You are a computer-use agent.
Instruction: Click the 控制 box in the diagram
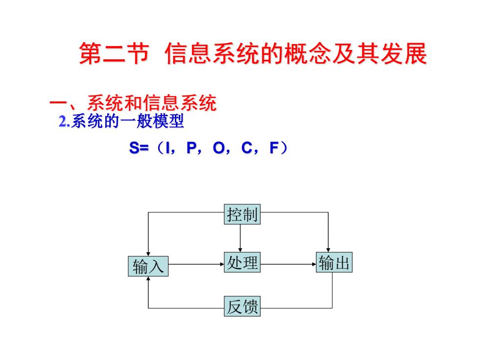pyautogui.click(x=242, y=215)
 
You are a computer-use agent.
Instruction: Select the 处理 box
pyautogui.click(x=242, y=263)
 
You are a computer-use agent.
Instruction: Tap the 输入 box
pyautogui.click(x=148, y=266)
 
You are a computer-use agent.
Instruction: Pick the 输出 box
pyautogui.click(x=334, y=263)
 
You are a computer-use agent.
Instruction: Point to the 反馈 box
pyautogui.click(x=242, y=306)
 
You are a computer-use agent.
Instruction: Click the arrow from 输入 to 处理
pyautogui.click(x=196, y=264)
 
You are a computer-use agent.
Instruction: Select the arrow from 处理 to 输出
pyautogui.click(x=288, y=264)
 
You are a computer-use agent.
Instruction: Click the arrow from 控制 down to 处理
pyautogui.click(x=240, y=238)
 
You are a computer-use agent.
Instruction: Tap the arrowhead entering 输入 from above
pyautogui.click(x=148, y=254)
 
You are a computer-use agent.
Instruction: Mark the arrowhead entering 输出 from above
pyautogui.click(x=328, y=250)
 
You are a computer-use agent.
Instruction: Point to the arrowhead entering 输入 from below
pyautogui.click(x=148, y=279)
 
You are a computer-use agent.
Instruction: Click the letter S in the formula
pyautogui.click(x=134, y=148)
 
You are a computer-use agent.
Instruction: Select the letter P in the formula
pyautogui.click(x=191, y=148)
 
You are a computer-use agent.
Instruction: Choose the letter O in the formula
pyautogui.click(x=218, y=148)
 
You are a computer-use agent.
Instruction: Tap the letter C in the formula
pyautogui.click(x=246, y=148)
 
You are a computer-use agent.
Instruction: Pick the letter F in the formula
pyautogui.click(x=274, y=148)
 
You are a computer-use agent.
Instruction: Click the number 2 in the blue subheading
pyautogui.click(x=63, y=122)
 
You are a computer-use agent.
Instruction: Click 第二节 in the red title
pyautogui.click(x=114, y=53)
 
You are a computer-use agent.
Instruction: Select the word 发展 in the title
pyautogui.click(x=404, y=53)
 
